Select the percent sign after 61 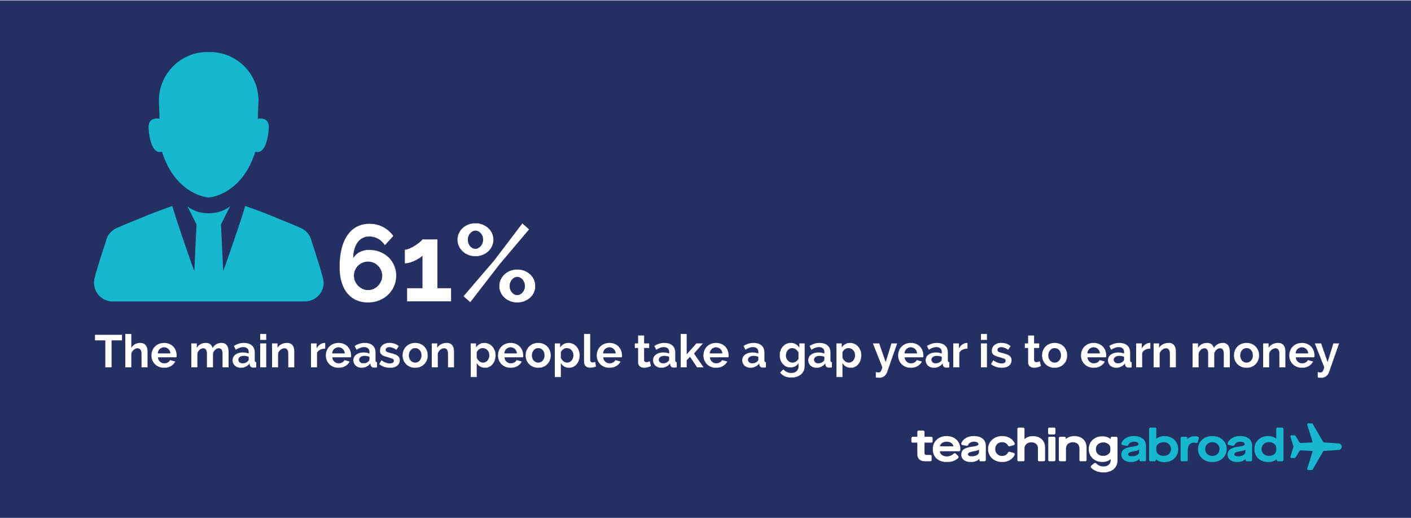click(x=496, y=263)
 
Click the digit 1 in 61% click(x=427, y=264)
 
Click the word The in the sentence click(x=136, y=352)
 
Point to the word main click(x=243, y=352)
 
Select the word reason click(x=382, y=355)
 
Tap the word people click(x=546, y=355)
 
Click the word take click(x=682, y=352)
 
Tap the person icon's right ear click(x=262, y=135)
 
